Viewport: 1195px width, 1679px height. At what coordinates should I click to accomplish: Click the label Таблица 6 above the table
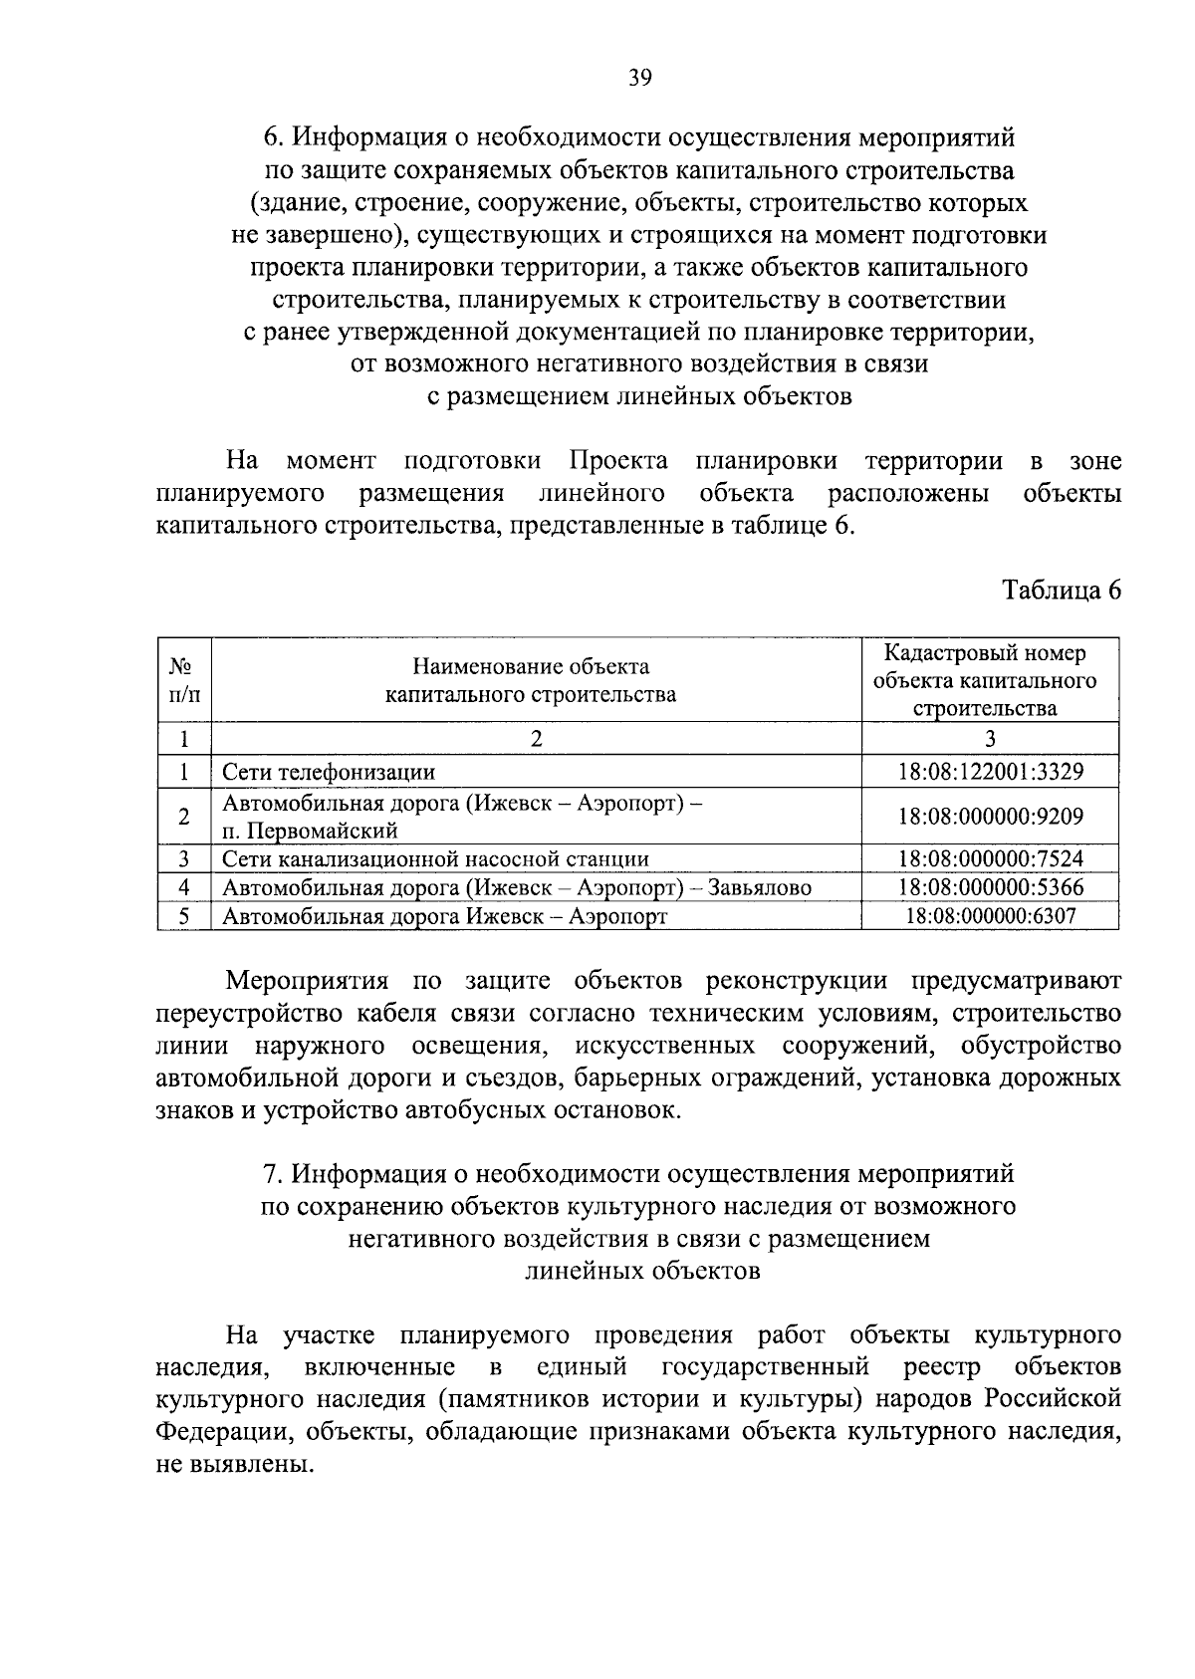coord(1062,591)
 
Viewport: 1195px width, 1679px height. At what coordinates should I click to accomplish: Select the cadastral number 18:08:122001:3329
coord(990,772)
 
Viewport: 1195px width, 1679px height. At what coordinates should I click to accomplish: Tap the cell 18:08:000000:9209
coord(990,817)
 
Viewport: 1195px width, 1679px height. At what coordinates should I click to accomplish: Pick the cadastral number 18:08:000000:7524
coord(990,859)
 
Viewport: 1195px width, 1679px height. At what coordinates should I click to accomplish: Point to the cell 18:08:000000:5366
coord(990,887)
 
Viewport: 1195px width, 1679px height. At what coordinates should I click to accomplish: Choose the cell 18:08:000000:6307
coord(990,916)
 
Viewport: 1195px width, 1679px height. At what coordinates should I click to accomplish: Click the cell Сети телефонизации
coord(329,772)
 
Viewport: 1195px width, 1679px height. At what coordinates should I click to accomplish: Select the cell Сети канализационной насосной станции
coord(435,859)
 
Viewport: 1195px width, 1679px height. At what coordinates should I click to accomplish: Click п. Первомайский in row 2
coord(310,831)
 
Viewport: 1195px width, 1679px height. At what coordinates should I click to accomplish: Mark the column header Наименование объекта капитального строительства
coord(531,680)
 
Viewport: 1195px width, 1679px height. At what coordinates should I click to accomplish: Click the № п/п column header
coord(184,680)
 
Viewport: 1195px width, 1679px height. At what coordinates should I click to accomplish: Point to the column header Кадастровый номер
coord(985,654)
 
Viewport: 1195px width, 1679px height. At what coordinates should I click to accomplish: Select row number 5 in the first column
coord(184,916)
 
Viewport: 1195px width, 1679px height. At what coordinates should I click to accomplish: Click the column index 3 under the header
coord(989,738)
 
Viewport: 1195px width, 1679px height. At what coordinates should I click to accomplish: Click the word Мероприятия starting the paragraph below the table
coord(307,981)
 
